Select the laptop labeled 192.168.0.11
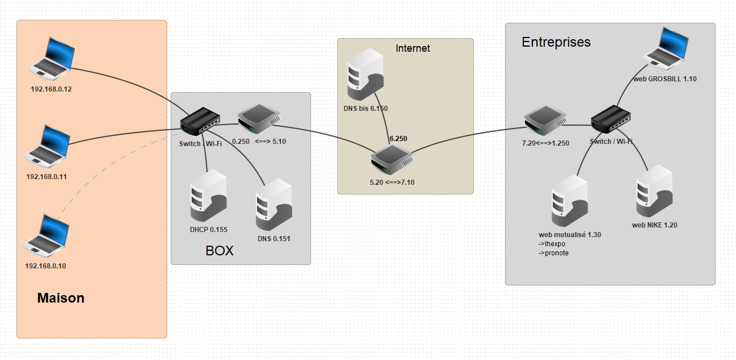click(48, 144)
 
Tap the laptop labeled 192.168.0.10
click(47, 233)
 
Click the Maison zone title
click(61, 298)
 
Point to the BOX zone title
click(220, 251)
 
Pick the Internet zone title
click(413, 48)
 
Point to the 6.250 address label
click(398, 138)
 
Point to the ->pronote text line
click(553, 253)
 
